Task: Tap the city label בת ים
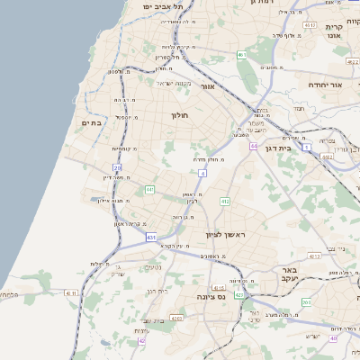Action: coord(92,123)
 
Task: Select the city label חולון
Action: coord(179,114)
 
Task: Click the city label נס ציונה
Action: coord(216,294)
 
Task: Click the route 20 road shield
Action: coord(117,167)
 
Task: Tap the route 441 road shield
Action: coord(149,189)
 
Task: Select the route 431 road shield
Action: coord(149,237)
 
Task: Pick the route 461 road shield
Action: coord(241,55)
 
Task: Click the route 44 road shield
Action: coord(255,146)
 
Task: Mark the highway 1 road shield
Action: coord(306,146)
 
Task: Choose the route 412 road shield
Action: coord(225,201)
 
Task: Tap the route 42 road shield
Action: coord(141,340)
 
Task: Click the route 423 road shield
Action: coord(238,294)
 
